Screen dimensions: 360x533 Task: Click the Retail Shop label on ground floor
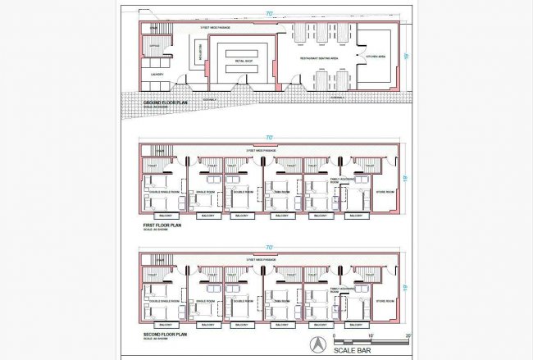(244, 62)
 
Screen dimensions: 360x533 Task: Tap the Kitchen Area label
(376, 55)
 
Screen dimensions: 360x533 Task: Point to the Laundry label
(158, 75)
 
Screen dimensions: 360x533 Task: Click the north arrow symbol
(317, 344)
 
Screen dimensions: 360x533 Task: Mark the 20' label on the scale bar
(408, 336)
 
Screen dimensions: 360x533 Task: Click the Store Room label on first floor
(385, 192)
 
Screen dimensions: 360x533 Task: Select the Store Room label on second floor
(385, 303)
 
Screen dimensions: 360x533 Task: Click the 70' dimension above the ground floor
(269, 14)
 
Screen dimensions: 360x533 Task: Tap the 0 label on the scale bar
(335, 336)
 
